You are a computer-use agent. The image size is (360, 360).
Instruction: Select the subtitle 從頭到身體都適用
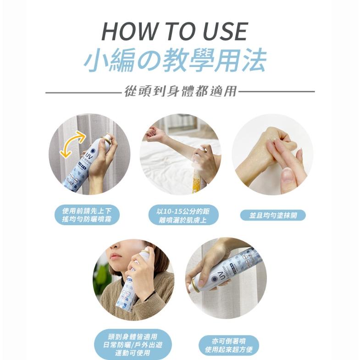coord(181,91)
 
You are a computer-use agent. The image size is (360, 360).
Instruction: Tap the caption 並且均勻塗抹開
coord(272,215)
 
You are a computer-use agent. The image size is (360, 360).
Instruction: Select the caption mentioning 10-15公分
coord(180,215)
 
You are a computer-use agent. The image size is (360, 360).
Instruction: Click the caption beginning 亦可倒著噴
coord(229,346)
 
